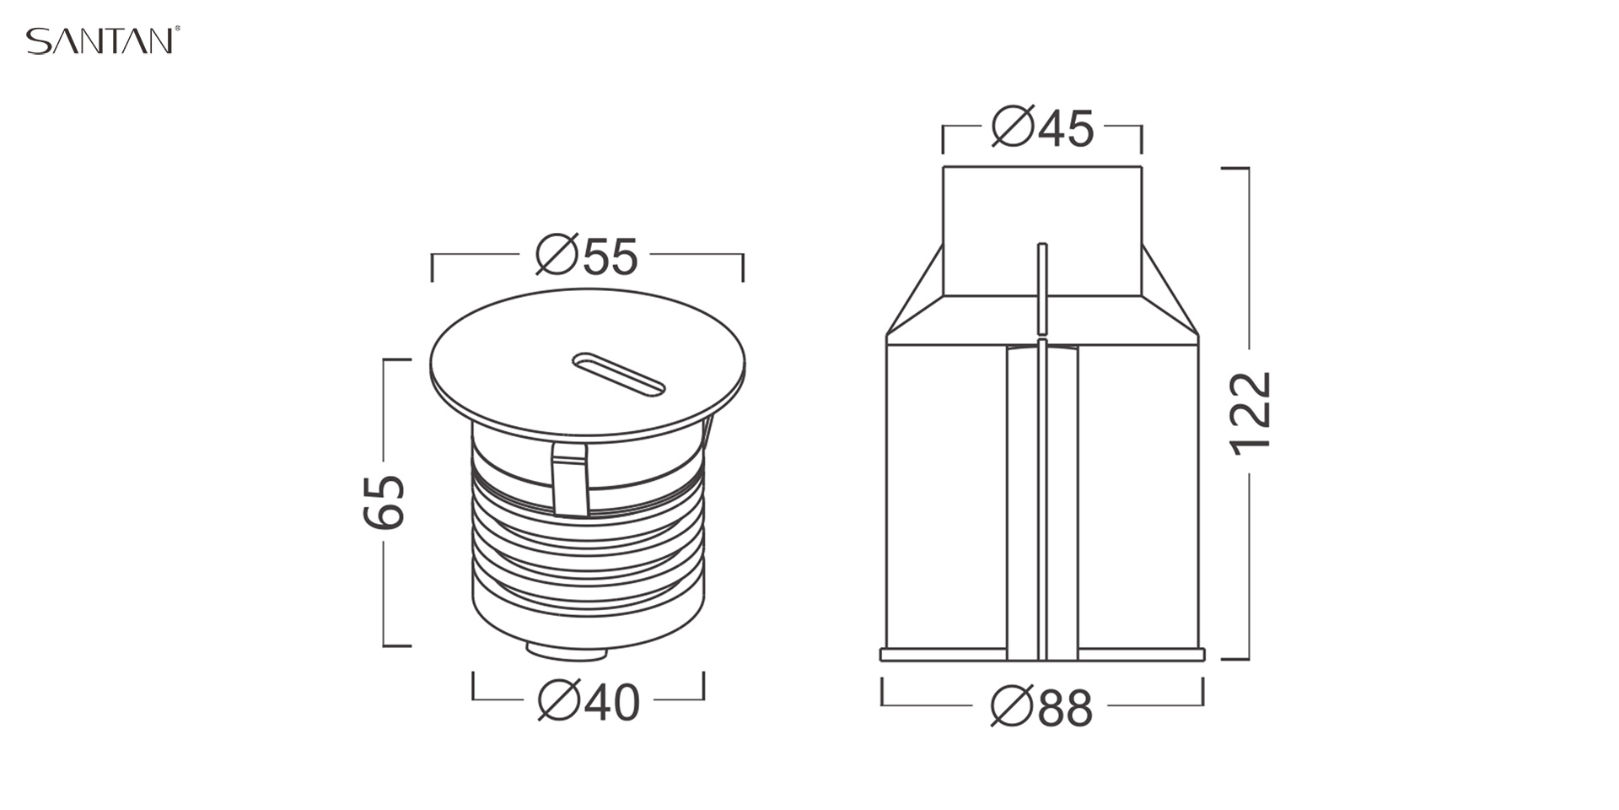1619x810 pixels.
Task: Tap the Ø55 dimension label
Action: [587, 256]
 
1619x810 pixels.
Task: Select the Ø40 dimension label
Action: [589, 701]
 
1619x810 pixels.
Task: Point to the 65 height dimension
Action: [385, 501]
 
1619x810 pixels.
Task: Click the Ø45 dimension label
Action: [1042, 127]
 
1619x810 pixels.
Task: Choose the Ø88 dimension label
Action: [1041, 707]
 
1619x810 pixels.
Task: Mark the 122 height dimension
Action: [1251, 413]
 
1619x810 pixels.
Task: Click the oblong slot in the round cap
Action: [619, 374]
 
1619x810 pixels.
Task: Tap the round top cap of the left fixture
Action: [587, 364]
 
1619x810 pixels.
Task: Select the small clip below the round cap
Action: [570, 478]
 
